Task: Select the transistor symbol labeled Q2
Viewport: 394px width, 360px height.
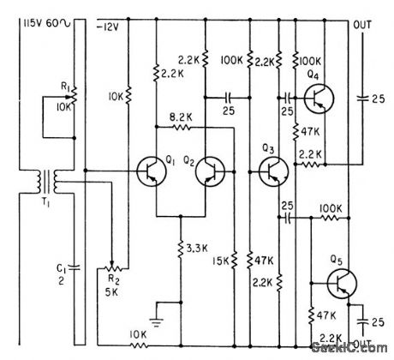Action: click(208, 172)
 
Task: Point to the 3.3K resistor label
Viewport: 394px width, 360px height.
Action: click(199, 249)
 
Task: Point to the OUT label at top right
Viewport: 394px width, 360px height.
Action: click(363, 24)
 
